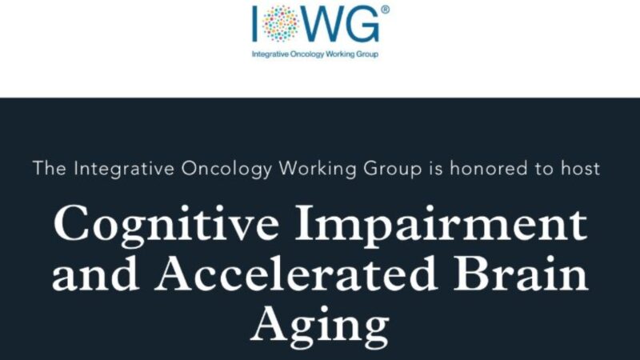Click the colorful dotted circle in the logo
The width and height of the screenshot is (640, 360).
[280, 24]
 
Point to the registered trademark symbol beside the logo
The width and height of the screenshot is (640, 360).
[386, 10]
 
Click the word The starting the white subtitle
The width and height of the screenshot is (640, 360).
[50, 169]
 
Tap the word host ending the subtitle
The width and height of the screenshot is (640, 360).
[582, 169]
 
